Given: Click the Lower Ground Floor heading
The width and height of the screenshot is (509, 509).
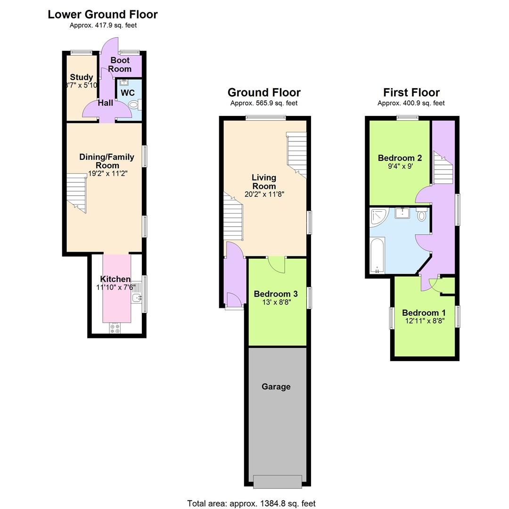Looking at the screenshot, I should pyautogui.click(x=103, y=15).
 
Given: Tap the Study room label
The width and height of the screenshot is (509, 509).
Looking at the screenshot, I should pyautogui.click(x=82, y=77).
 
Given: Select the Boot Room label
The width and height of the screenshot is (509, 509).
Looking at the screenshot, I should pyautogui.click(x=120, y=65).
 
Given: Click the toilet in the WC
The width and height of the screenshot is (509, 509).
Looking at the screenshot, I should pyautogui.click(x=134, y=105).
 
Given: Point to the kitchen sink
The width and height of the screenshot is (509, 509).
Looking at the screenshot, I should pyautogui.click(x=137, y=297).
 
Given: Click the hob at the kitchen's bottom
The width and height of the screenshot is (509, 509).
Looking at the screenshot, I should pyautogui.click(x=115, y=328).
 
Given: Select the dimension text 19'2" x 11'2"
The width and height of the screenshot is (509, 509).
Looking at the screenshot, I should pyautogui.click(x=108, y=173).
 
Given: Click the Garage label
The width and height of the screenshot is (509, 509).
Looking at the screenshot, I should pyautogui.click(x=276, y=386).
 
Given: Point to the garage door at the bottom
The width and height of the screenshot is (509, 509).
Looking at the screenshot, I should pyautogui.click(x=277, y=482).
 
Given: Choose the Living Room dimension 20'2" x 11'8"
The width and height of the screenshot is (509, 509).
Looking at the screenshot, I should pyautogui.click(x=264, y=194).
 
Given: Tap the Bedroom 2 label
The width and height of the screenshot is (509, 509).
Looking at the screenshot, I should pyautogui.click(x=400, y=158).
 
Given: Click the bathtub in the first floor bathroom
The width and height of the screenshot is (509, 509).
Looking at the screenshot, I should pyautogui.click(x=378, y=255).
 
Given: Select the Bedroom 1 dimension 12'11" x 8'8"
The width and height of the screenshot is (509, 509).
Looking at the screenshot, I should pyautogui.click(x=424, y=321).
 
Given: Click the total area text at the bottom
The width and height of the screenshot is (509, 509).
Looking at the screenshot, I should pyautogui.click(x=251, y=503).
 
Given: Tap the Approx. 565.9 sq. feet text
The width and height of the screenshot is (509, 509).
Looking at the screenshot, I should pyautogui.click(x=264, y=103).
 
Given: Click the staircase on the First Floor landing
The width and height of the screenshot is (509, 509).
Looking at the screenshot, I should pyautogui.click(x=443, y=168).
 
